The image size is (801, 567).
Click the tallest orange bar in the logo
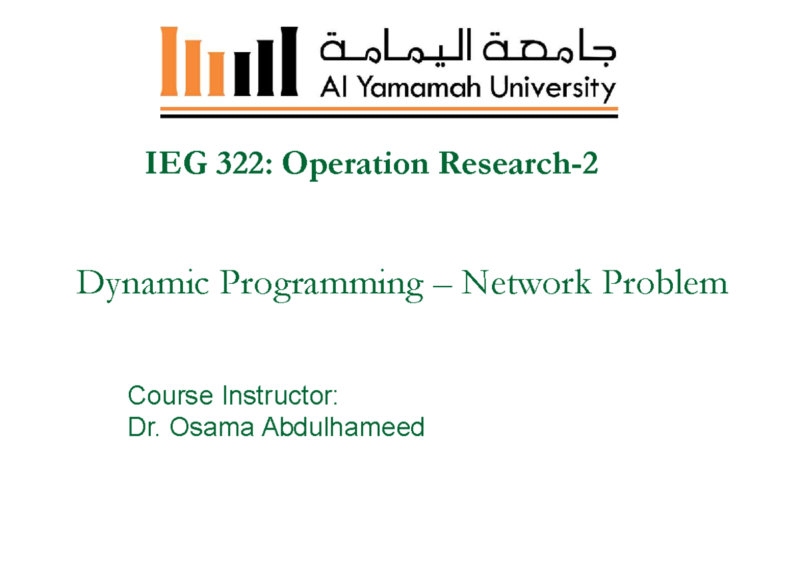pos(170,61)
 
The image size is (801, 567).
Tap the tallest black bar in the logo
pos(287,61)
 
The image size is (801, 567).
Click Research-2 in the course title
pos(518,165)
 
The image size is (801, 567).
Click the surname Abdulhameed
pos(342,426)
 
